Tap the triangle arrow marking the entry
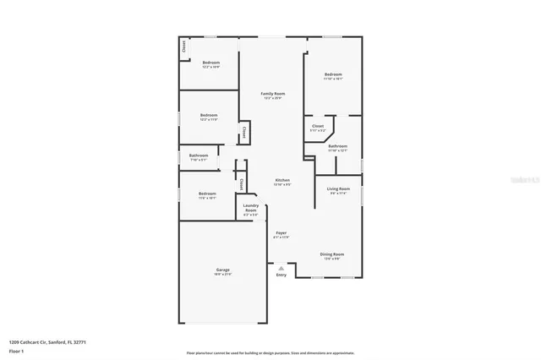click(281, 268)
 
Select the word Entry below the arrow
click(281, 275)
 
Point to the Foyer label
click(281, 234)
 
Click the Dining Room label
click(331, 255)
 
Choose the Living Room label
click(338, 190)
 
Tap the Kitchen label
click(282, 182)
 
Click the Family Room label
click(272, 95)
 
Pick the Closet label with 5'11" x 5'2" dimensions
click(318, 128)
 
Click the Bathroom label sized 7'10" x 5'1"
click(199, 156)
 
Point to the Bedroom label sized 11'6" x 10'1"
click(207, 195)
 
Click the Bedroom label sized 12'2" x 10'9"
click(210, 64)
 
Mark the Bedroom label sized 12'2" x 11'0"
click(209, 117)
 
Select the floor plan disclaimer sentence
click(270, 352)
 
